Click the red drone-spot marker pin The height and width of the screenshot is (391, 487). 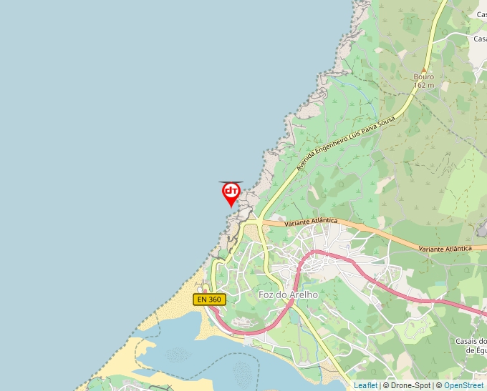coord(231,192)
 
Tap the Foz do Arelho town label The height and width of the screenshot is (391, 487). coord(287,295)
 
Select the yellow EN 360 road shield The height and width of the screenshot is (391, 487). coord(209,300)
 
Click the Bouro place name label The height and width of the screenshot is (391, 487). coord(424,77)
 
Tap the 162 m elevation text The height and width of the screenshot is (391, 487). coord(424,86)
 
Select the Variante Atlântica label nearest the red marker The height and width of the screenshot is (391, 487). coord(310,222)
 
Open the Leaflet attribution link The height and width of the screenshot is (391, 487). coord(365,385)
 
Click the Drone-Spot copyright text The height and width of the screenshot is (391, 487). coord(407,385)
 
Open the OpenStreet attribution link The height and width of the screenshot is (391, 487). coord(463,385)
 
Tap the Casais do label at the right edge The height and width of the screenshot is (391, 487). coord(471,341)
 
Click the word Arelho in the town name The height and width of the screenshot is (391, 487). coord(304,295)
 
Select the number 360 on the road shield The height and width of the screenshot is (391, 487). coord(214,300)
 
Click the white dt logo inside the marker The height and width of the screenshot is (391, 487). coord(231,191)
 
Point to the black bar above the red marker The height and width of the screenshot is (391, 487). coord(231,182)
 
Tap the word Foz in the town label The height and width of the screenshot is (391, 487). coord(266,295)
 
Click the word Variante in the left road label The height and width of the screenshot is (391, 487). coord(296,223)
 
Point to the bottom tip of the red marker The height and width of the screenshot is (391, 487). coord(231,207)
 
